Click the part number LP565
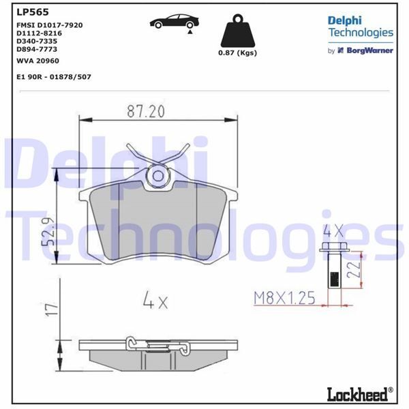click(x=28, y=12)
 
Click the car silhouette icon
click(x=173, y=22)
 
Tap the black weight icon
click(x=237, y=32)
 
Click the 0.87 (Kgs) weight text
click(x=237, y=54)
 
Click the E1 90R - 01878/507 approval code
click(x=53, y=77)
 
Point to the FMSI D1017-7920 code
click(x=49, y=25)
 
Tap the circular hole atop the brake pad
click(x=158, y=176)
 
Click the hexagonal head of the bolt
click(x=332, y=249)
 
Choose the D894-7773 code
click(x=38, y=49)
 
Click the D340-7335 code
click(x=38, y=41)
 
